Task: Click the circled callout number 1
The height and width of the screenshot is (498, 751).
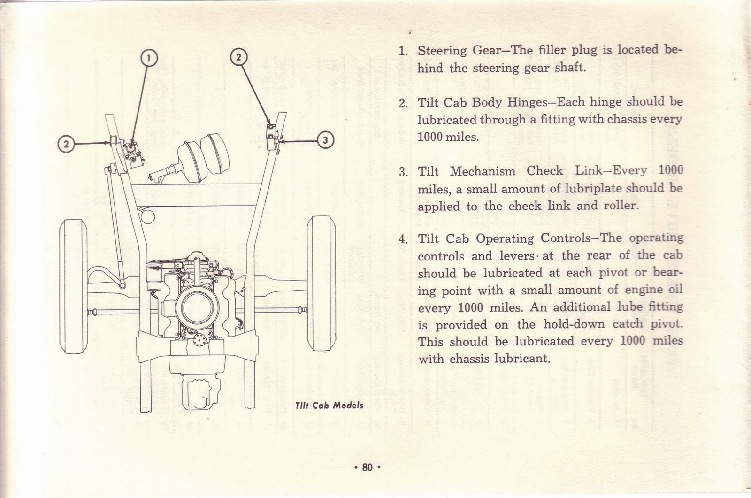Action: (x=149, y=58)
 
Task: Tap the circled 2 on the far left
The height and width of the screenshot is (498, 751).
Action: (x=66, y=143)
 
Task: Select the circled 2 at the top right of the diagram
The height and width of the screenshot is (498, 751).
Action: (x=238, y=57)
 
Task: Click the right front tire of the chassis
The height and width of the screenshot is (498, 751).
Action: (x=322, y=283)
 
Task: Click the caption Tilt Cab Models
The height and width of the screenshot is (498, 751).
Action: (x=329, y=406)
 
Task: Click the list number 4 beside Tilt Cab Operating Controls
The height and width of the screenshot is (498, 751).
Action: (x=402, y=239)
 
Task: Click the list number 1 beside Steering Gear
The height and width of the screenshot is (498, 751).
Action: (x=402, y=51)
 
